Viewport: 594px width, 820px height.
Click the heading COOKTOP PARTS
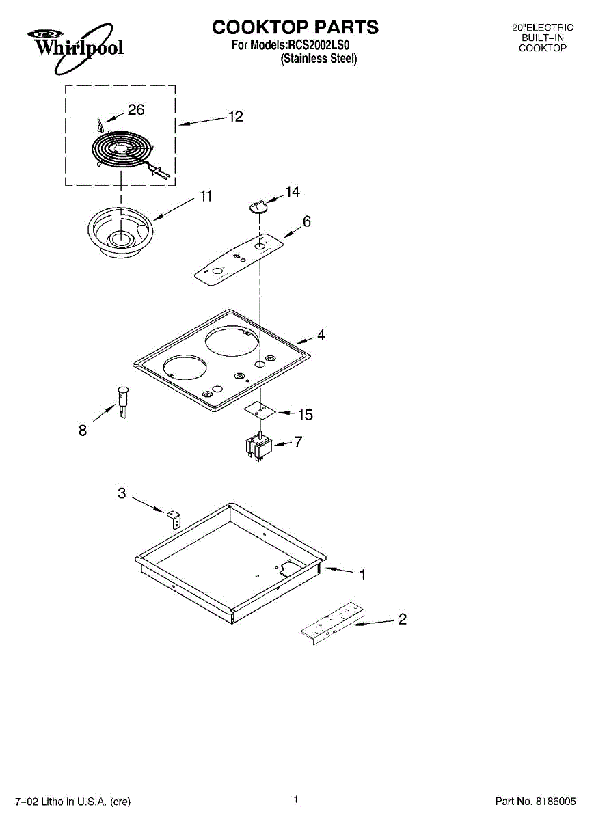click(295, 27)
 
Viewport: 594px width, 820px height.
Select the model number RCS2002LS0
click(319, 46)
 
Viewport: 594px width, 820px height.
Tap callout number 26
click(136, 109)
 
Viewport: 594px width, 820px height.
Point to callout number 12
click(235, 117)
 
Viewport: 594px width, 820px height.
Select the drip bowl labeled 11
click(120, 233)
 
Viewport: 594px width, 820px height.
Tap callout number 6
click(307, 221)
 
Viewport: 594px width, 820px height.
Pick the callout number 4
click(321, 336)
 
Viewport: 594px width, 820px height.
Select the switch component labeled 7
click(258, 448)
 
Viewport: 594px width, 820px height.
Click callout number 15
click(305, 415)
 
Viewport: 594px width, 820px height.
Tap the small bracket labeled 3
click(174, 518)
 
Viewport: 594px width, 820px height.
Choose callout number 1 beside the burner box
click(362, 575)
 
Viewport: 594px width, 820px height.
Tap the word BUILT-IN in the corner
click(543, 38)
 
